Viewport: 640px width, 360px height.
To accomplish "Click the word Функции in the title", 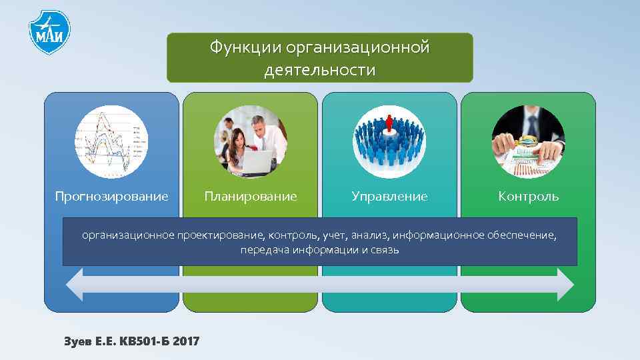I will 244,49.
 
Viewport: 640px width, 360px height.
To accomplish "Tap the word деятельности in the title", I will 319,70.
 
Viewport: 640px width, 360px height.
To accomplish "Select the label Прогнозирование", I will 111,197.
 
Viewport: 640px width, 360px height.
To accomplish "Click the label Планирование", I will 251,197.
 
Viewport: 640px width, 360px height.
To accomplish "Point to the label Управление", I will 389,197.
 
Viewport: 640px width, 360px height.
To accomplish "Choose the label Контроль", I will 528,197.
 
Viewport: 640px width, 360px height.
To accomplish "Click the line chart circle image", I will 111,142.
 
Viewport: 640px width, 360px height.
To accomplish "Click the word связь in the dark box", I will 385,251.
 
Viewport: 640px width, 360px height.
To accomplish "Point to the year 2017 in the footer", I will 186,341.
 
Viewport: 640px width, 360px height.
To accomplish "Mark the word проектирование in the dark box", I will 221,235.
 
